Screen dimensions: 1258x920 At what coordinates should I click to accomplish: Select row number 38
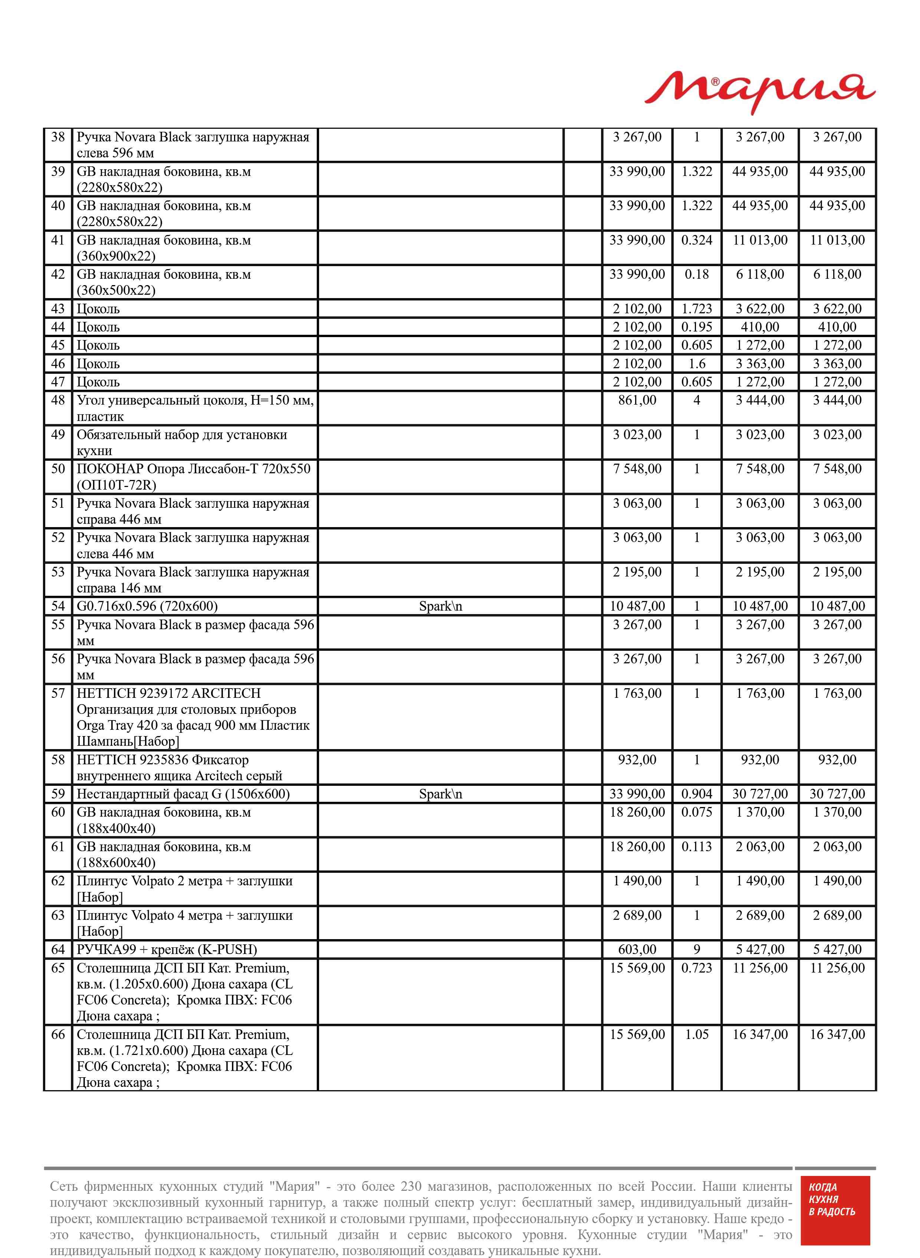(58, 137)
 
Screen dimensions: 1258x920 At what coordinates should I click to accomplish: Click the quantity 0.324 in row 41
(696, 240)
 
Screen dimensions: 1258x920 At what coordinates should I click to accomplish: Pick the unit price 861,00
(637, 400)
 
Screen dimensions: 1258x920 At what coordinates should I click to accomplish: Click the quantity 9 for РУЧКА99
(696, 950)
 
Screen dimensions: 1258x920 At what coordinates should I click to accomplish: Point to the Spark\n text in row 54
(440, 606)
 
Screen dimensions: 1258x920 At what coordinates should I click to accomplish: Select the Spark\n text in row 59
(440, 794)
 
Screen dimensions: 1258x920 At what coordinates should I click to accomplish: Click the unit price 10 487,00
(637, 606)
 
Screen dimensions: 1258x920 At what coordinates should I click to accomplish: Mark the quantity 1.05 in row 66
(696, 1035)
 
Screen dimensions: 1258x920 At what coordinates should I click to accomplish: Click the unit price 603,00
(637, 950)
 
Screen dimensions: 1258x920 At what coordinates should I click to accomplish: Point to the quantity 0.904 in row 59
(696, 794)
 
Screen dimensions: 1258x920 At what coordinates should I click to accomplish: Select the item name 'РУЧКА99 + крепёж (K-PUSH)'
(167, 950)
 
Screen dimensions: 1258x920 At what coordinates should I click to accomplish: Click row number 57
(58, 694)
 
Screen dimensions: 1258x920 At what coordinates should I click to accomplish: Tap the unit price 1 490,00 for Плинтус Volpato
(637, 881)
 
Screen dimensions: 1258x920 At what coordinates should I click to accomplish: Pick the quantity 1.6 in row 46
(696, 364)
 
